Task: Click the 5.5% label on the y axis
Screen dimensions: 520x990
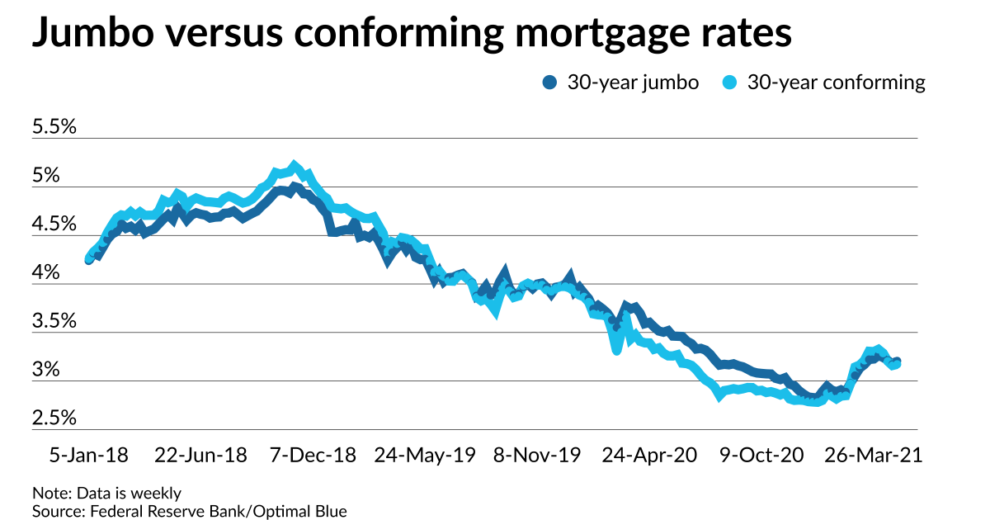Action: [54, 128]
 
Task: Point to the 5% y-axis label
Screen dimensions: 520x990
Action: [46, 177]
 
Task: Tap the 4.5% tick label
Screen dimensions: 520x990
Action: [54, 225]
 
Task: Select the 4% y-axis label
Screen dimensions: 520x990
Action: [46, 273]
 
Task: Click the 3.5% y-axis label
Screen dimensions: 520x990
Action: [54, 322]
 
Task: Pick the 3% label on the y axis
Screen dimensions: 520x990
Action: [46, 371]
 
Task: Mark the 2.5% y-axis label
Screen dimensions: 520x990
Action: [54, 418]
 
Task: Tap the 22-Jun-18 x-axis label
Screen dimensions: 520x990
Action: [200, 455]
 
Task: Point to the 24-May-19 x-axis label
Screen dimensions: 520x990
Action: [424, 455]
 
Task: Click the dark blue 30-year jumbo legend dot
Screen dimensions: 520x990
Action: [550, 83]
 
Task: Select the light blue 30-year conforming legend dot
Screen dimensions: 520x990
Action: [730, 83]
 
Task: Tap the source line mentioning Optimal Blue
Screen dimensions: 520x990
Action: [190, 511]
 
